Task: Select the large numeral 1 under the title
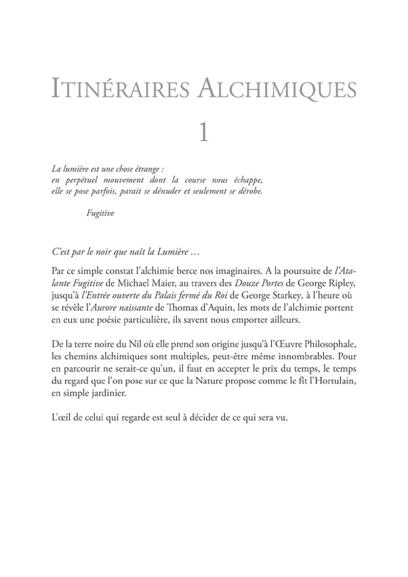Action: pos(203,130)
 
